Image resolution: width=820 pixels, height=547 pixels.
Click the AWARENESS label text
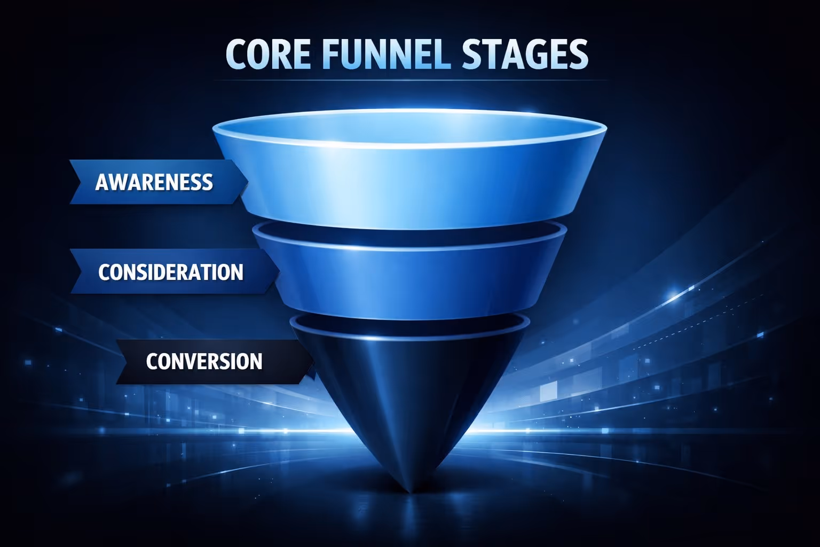point(154,182)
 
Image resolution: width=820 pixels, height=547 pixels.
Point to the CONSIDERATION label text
point(171,272)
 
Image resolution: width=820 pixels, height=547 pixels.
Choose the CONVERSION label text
point(204,362)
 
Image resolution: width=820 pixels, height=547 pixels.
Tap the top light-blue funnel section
point(410,182)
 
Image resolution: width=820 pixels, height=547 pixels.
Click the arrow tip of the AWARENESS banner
point(247,182)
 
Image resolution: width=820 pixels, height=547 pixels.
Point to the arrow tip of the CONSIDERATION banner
point(278,271)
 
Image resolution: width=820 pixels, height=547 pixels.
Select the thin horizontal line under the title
point(410,81)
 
